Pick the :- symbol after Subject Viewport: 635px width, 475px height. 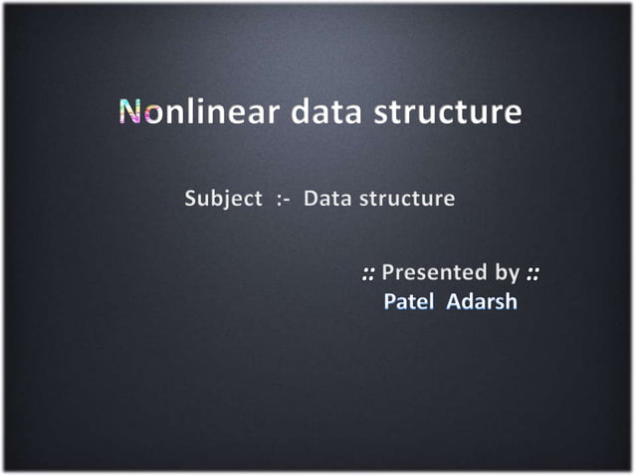coord(283,199)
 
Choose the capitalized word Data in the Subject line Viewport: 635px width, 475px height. coord(327,198)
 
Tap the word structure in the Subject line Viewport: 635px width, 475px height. coord(407,198)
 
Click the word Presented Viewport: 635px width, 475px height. coord(428,271)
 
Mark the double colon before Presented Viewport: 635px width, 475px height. coord(368,272)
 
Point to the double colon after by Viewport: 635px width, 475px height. coord(533,272)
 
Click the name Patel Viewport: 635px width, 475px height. coord(407,301)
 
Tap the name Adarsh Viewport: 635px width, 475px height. coord(483,301)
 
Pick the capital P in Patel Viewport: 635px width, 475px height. coord(390,301)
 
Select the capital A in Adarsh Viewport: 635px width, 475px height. coord(454,301)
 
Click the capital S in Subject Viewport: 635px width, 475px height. coord(191,198)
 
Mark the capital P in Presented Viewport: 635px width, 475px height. coord(388,271)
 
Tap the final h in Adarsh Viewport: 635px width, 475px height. coord(511,301)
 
